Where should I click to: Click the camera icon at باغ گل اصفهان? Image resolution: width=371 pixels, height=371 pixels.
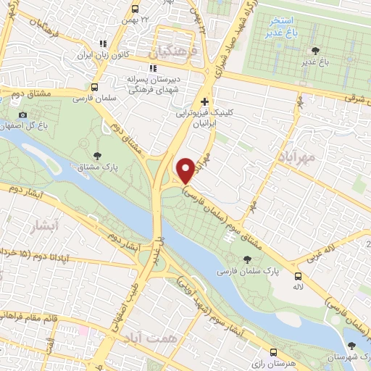pos(23,114)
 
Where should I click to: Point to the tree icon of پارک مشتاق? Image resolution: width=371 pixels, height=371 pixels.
pos(96,154)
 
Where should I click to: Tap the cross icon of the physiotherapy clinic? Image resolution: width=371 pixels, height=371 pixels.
pos(206,101)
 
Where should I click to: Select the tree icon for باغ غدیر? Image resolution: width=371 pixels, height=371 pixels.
pos(313,50)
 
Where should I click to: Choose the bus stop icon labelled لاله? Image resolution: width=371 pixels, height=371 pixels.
pos(299,276)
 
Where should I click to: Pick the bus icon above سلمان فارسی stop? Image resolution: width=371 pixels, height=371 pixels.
pos(95,84)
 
